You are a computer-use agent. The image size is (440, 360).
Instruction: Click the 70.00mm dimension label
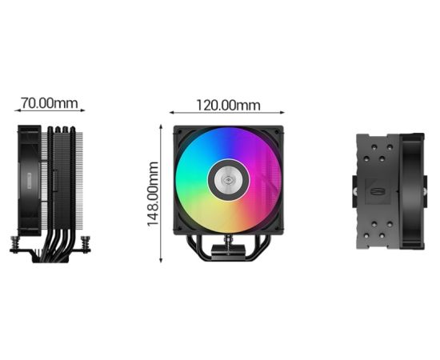point(50,103)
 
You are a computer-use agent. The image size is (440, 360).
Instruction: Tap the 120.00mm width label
point(228,106)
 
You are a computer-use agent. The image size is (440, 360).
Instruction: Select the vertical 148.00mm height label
point(153,194)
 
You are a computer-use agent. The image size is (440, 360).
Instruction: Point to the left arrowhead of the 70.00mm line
point(17,110)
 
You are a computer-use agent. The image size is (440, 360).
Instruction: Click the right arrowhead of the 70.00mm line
point(82,110)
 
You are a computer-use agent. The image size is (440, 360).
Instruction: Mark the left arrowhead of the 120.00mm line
point(172,113)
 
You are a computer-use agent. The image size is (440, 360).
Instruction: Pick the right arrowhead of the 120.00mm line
point(282,113)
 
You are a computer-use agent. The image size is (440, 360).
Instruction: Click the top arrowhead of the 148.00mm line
point(161,127)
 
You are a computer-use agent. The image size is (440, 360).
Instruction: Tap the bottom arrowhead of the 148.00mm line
point(161,260)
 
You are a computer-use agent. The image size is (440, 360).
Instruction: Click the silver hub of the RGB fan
point(229,180)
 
